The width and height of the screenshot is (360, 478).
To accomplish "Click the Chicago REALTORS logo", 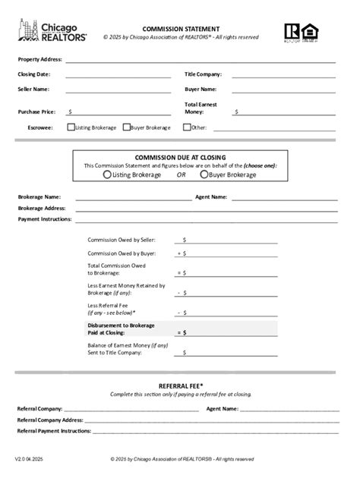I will click(52, 31).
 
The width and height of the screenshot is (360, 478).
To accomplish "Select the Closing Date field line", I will click(118, 75).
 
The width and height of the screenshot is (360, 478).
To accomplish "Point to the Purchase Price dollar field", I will click(119, 112).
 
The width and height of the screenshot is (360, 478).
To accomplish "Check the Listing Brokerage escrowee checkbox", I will click(71, 127).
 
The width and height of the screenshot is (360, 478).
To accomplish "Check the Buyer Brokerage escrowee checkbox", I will click(126, 127).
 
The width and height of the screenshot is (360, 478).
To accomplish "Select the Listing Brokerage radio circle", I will click(107, 175).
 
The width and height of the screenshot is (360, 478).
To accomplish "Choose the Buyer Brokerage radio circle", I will click(204, 175).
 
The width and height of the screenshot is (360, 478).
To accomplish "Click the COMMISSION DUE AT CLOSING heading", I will click(180, 157).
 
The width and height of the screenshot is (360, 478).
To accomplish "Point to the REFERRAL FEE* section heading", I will click(180, 386).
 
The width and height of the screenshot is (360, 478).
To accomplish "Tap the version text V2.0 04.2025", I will click(29, 459).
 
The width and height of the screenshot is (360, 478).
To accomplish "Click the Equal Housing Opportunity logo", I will click(311, 31).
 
